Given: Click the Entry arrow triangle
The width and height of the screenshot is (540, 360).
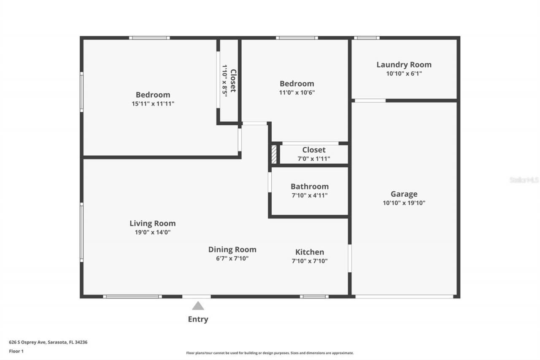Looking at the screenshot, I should point(198,306).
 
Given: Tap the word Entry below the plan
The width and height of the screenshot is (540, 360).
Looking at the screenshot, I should point(198,319).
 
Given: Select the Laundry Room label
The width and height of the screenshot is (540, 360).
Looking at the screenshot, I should point(404,65).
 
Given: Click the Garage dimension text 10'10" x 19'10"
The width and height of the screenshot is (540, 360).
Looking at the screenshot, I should point(404,203).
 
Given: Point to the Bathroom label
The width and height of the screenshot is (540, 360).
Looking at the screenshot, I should point(309,187).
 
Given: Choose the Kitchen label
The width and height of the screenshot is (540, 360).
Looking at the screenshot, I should point(309,252).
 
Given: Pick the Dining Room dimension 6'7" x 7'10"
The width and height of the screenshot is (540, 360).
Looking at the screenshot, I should point(232,258).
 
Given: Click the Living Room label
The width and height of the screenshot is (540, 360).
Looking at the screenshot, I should point(152,223).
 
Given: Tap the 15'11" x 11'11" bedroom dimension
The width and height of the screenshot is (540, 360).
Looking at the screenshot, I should point(153,103).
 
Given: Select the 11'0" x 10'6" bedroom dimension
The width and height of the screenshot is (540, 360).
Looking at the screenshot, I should point(297,92).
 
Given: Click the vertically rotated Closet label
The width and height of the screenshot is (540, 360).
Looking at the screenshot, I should point(233,81).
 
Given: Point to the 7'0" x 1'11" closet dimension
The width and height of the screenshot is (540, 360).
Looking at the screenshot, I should point(313,159).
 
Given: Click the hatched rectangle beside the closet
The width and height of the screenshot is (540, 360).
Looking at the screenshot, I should point(274,154).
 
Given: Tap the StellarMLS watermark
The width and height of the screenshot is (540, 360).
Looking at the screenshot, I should point(524,180).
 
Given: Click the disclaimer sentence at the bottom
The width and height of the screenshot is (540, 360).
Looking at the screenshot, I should point(270,353).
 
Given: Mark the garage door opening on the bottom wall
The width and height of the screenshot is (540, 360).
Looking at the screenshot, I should point(404,297).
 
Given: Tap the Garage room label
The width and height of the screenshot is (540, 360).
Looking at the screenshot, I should point(404,194).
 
